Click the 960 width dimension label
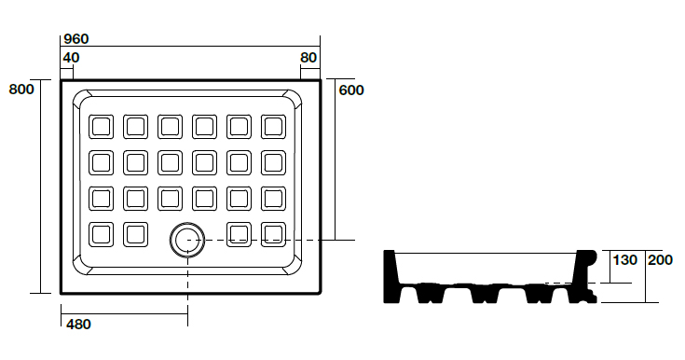coord(76,39)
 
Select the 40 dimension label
coord(71,57)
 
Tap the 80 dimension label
coord(308,57)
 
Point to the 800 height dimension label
coord(21,90)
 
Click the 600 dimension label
coord(351,90)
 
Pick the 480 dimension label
coord(78,325)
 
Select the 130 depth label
coord(625,260)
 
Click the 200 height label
coord(660,260)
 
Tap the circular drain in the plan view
coord(187,240)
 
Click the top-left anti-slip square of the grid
coord(101,127)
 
